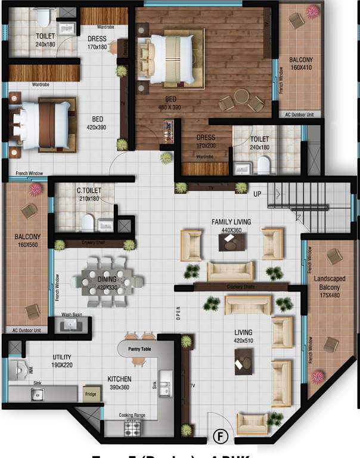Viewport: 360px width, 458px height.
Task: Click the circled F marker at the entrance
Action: click(221, 437)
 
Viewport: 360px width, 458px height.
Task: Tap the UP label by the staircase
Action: click(257, 194)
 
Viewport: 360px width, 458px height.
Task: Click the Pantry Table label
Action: click(142, 348)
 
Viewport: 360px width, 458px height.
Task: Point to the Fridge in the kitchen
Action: click(91, 395)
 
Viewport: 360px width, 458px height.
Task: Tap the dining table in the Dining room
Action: click(112, 280)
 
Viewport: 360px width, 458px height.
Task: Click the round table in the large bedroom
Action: click(241, 97)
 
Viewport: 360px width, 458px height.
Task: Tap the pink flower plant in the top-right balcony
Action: click(312, 11)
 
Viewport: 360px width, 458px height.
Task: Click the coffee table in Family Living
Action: click(231, 241)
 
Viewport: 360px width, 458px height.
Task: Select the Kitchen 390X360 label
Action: click(119, 383)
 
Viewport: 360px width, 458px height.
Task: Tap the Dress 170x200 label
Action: click(206, 141)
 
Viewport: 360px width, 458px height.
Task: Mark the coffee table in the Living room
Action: click(243, 361)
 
